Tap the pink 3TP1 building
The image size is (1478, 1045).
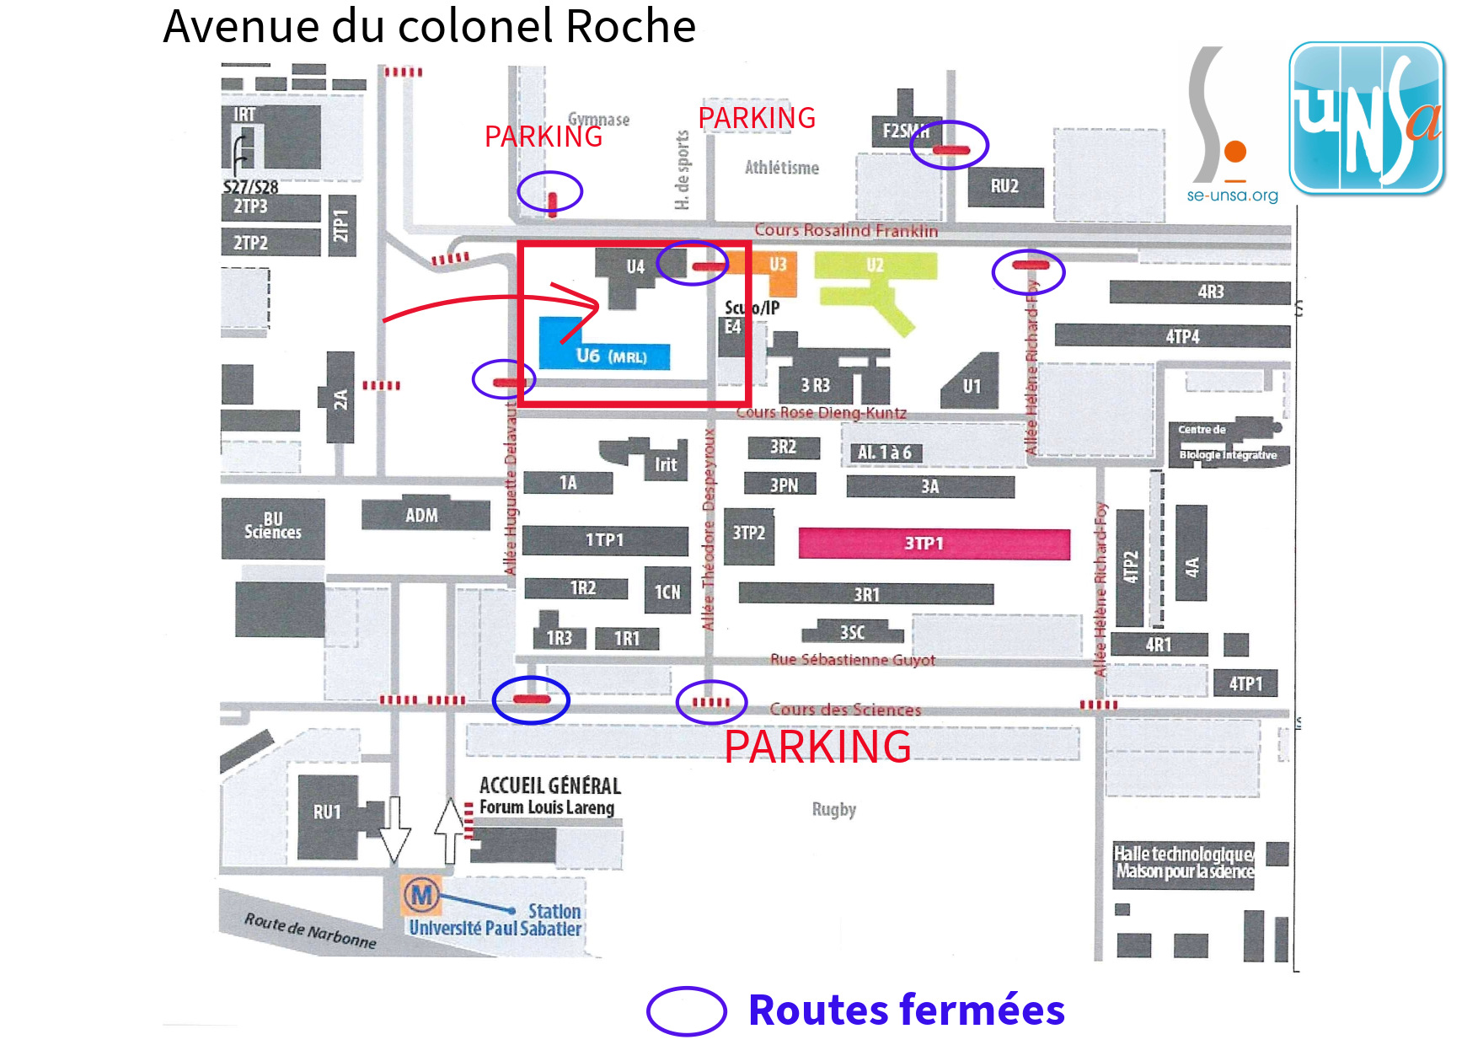(934, 544)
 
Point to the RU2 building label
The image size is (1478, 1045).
(1004, 186)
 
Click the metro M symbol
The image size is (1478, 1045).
(422, 894)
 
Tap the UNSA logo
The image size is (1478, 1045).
(1366, 119)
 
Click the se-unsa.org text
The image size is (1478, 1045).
(1232, 196)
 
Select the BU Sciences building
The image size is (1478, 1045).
(272, 528)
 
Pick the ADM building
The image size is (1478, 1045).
(424, 515)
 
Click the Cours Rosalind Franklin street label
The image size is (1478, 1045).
(845, 230)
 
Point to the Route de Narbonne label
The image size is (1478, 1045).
(310, 930)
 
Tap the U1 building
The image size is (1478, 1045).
(971, 384)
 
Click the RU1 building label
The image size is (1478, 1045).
(327, 812)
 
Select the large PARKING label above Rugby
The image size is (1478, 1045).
(817, 747)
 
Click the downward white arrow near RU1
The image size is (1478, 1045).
(394, 829)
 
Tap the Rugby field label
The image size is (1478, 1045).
(833, 810)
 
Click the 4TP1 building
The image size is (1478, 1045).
(1245, 683)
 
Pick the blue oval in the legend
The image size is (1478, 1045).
(686, 1010)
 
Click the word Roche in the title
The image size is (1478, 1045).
(630, 27)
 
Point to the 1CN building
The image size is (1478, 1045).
(667, 592)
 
